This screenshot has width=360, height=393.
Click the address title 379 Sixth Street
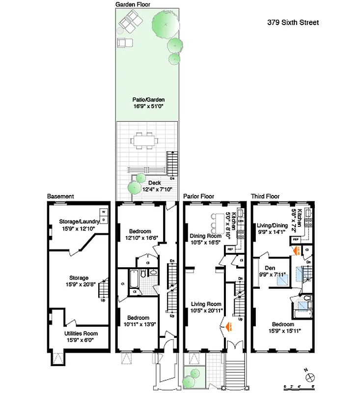pyautogui.click(x=293, y=22)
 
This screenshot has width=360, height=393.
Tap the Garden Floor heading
pyautogui.click(x=133, y=4)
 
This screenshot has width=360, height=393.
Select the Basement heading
pyautogui.click(x=60, y=196)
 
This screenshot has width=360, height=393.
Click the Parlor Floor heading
pyautogui.click(x=198, y=196)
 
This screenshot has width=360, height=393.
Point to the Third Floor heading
pyautogui.click(x=265, y=196)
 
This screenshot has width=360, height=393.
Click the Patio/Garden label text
pyautogui.click(x=147, y=99)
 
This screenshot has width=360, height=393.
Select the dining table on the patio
pyautogui.click(x=145, y=142)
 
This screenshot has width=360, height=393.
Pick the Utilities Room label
pyautogui.click(x=79, y=333)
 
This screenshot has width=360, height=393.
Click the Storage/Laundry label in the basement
pyautogui.click(x=79, y=221)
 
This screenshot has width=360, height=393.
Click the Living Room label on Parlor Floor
pyautogui.click(x=206, y=304)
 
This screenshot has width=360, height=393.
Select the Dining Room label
pyautogui.click(x=206, y=236)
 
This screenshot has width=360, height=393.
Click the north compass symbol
pyautogui.click(x=310, y=377)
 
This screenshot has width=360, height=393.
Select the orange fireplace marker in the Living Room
pyautogui.click(x=228, y=324)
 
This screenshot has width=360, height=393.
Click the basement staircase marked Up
pyautogui.click(x=103, y=289)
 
